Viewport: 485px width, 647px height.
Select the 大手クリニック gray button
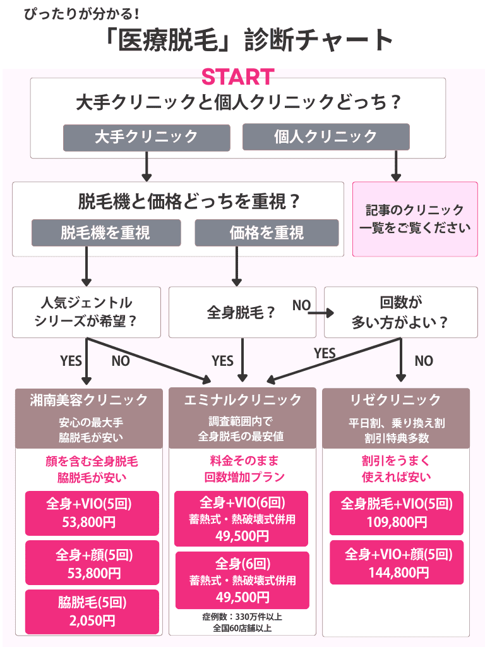pyautogui.click(x=146, y=136)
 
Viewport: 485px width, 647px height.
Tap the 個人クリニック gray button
pyautogui.click(x=326, y=136)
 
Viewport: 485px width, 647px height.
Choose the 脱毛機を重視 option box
pyautogui.click(x=106, y=233)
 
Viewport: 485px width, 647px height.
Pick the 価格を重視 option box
pyautogui.click(x=266, y=233)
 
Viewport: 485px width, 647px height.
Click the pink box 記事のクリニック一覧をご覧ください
pyautogui.click(x=415, y=219)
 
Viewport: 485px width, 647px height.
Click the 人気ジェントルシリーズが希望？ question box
pyautogui.click(x=87, y=312)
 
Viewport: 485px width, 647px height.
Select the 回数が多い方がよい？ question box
pyautogui.click(x=400, y=312)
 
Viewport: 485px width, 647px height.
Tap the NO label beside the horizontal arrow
pyautogui.click(x=301, y=306)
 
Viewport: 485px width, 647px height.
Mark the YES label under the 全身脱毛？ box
pyautogui.click(x=222, y=361)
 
